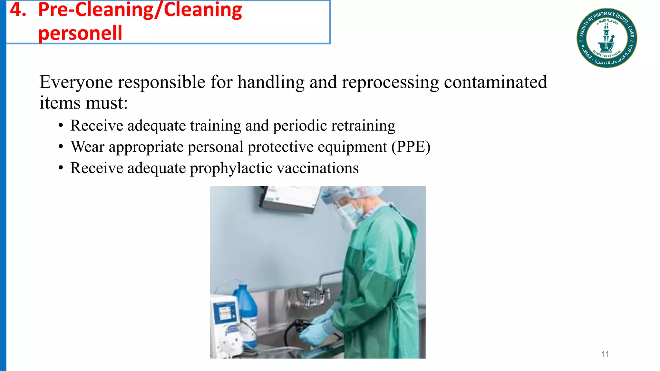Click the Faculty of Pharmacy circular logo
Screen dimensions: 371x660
click(607, 38)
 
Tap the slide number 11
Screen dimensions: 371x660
click(605, 354)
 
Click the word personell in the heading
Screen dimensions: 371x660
click(80, 33)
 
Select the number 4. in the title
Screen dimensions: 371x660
click(18, 10)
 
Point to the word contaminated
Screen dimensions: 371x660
click(495, 82)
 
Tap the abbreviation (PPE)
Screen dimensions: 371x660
click(411, 147)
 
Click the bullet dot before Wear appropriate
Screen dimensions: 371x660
click(61, 147)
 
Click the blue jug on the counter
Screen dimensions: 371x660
click(246, 303)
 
